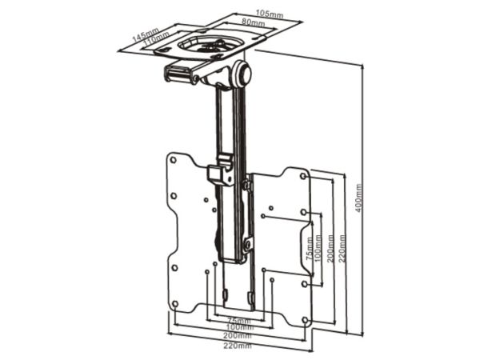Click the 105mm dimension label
click(270, 14)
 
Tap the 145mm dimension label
click(146, 35)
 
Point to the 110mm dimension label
click(155, 39)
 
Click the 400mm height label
click(358, 198)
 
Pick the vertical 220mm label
click(342, 248)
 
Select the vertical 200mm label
click(330, 248)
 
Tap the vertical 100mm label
click(318, 248)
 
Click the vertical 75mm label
click(310, 248)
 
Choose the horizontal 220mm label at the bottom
click(238, 346)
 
